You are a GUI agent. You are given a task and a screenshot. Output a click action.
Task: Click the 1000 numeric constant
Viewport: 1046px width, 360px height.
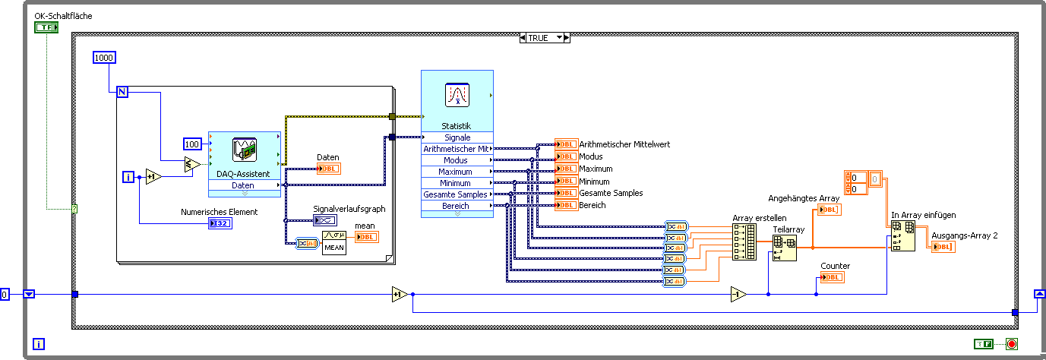pos(104,58)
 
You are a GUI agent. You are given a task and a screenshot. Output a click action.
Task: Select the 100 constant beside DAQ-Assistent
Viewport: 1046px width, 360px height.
pos(192,144)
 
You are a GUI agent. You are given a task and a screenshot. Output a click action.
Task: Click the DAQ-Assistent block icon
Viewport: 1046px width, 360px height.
pos(244,149)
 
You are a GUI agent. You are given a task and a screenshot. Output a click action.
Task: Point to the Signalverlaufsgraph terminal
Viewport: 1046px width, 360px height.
pos(324,220)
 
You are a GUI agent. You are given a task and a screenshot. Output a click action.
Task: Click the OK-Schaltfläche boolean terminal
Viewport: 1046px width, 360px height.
pos(46,27)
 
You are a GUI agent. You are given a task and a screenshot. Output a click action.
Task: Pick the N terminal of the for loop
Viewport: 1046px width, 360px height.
pos(122,92)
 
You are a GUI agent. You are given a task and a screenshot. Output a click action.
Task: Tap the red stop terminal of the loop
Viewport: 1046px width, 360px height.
pos(1011,344)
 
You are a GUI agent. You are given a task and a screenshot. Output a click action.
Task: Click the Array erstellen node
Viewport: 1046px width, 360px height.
pos(744,242)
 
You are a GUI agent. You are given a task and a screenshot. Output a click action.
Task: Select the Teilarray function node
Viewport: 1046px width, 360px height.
pos(785,248)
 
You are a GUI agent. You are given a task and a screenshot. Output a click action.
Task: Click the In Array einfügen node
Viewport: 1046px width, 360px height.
pos(903,236)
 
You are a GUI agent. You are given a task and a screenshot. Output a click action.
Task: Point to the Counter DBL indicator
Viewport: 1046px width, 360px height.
pos(832,277)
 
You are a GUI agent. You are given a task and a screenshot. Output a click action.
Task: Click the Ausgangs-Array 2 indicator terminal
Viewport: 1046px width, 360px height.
pos(943,247)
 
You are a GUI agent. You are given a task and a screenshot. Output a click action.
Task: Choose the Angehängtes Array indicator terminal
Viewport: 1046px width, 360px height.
pos(827,210)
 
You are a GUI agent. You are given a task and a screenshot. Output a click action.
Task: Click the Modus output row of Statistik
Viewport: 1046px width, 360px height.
pos(457,160)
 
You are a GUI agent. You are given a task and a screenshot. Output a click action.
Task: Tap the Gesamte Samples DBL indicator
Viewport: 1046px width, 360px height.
pos(566,193)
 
